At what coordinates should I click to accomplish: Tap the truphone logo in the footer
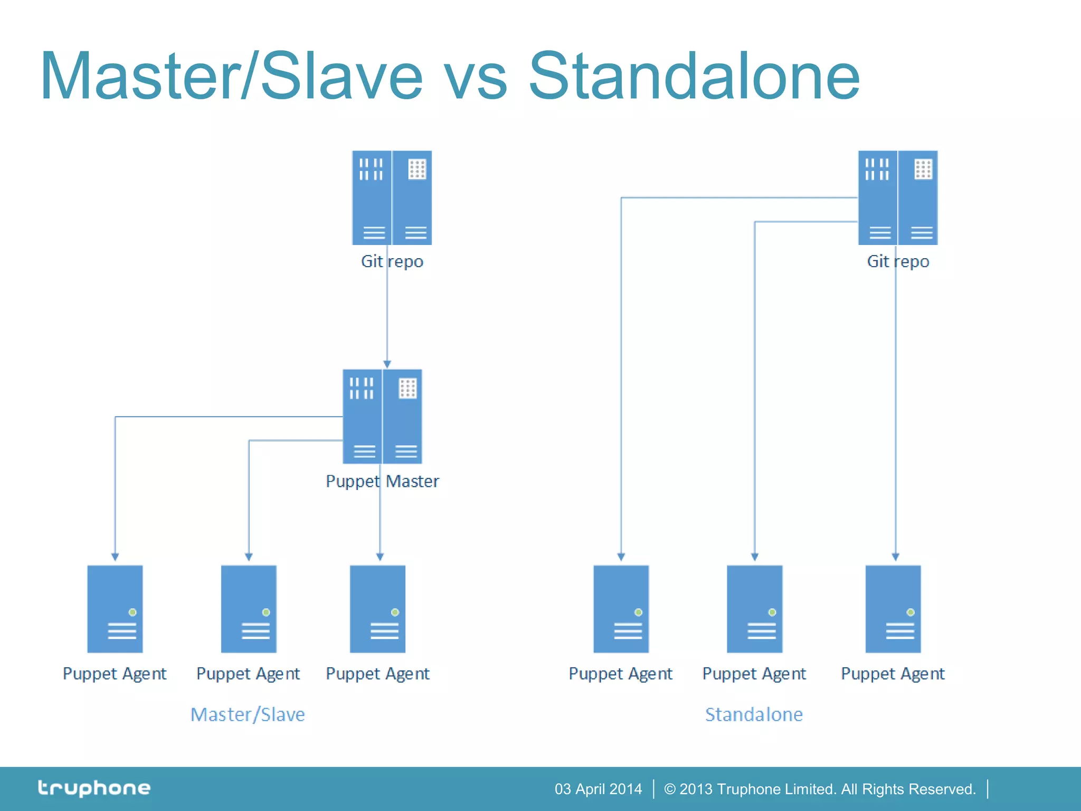pyautogui.click(x=94, y=788)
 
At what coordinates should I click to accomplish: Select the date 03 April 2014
pyautogui.click(x=598, y=789)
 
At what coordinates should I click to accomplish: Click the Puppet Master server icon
pyautogui.click(x=382, y=417)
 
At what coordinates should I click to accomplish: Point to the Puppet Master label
pyautogui.click(x=382, y=481)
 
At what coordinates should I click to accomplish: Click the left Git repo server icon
pyautogui.click(x=392, y=198)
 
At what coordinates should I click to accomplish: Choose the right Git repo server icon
pyautogui.click(x=897, y=198)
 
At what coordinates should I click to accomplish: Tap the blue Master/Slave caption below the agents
pyautogui.click(x=248, y=714)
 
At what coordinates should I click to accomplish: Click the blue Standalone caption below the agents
pyautogui.click(x=754, y=714)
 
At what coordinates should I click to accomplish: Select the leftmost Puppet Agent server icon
pyautogui.click(x=115, y=609)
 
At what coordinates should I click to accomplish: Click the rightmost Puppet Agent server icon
pyautogui.click(x=893, y=609)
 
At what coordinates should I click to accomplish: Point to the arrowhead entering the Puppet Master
pyautogui.click(x=387, y=364)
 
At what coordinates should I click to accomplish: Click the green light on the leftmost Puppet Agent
pyautogui.click(x=132, y=612)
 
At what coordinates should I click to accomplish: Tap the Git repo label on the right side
pyautogui.click(x=897, y=261)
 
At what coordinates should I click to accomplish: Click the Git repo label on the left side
pyautogui.click(x=392, y=261)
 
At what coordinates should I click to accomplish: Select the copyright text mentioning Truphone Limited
pyautogui.click(x=819, y=789)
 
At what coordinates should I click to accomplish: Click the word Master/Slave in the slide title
pyautogui.click(x=231, y=77)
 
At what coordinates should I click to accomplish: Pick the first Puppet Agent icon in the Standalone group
pyautogui.click(x=621, y=609)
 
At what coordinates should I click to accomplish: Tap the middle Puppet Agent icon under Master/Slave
pyautogui.click(x=249, y=609)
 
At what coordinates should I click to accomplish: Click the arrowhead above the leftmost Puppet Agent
pyautogui.click(x=115, y=557)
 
